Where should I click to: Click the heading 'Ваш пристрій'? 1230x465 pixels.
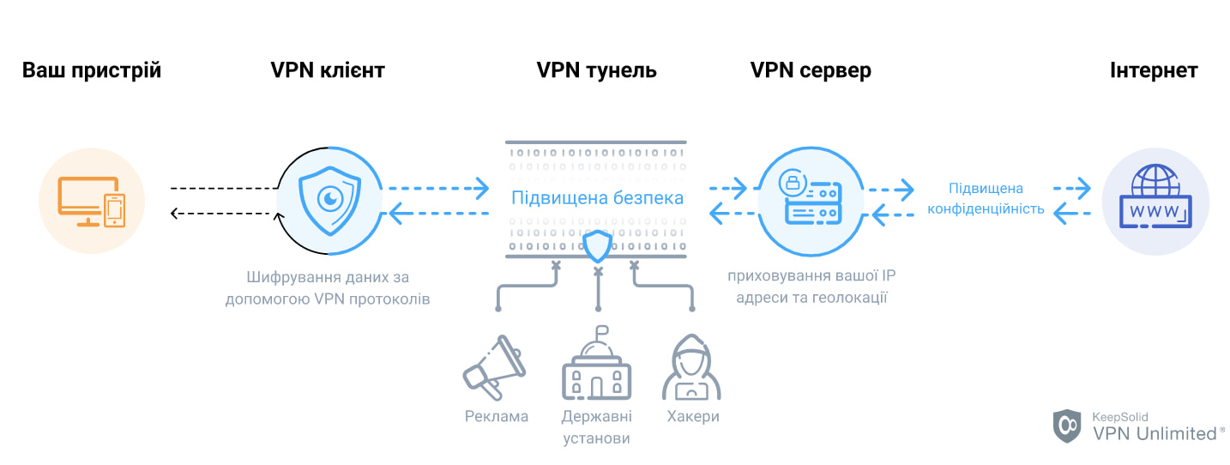(x=92, y=70)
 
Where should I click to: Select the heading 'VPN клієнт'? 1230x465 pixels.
(x=328, y=70)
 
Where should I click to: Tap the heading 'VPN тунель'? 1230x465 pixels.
(x=596, y=70)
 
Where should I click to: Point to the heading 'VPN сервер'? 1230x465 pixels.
(x=811, y=70)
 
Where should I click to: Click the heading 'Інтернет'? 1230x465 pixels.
(x=1154, y=70)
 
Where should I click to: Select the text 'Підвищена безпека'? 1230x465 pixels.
(x=597, y=198)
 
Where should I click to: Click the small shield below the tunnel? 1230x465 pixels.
(x=597, y=247)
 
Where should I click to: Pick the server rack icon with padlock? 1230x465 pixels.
(x=810, y=198)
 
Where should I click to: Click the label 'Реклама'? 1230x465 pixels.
(x=497, y=417)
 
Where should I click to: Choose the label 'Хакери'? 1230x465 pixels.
(x=692, y=417)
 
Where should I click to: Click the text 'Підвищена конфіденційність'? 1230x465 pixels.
(x=985, y=198)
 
